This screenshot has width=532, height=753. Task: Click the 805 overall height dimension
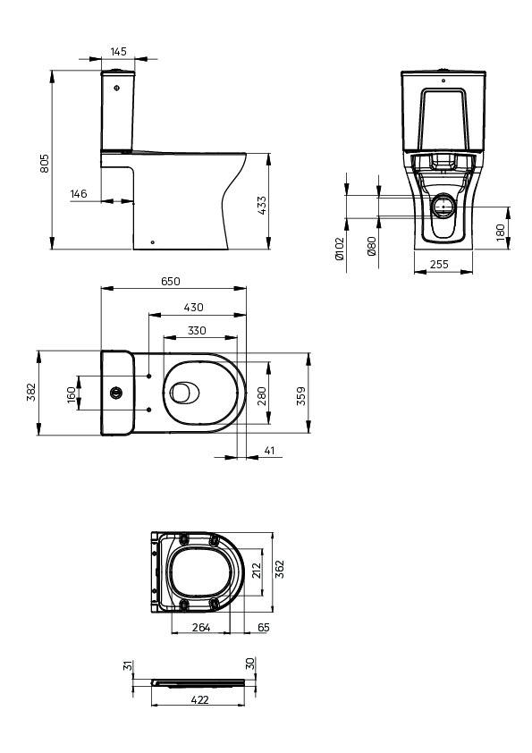click(44, 164)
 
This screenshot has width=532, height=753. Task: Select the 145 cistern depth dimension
click(118, 51)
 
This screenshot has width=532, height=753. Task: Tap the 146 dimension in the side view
click(79, 193)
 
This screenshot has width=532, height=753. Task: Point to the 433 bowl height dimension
click(261, 206)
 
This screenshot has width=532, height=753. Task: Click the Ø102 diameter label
click(340, 249)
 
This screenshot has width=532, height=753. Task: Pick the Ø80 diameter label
click(372, 246)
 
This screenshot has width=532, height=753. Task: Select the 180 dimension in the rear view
click(501, 233)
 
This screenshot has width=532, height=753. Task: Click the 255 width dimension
click(439, 264)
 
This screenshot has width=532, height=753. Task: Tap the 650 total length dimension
click(171, 282)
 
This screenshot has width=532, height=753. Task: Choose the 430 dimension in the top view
click(193, 308)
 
